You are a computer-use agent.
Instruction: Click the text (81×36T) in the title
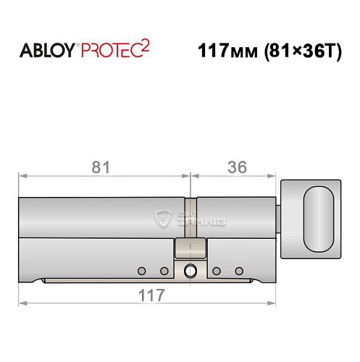(299, 53)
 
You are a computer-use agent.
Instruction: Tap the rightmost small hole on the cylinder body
(239, 271)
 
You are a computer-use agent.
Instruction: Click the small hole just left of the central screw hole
(164, 271)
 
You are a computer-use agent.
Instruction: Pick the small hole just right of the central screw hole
(216, 271)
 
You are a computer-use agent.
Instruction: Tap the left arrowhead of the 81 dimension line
(22, 174)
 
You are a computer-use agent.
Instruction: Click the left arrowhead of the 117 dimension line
(22, 303)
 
